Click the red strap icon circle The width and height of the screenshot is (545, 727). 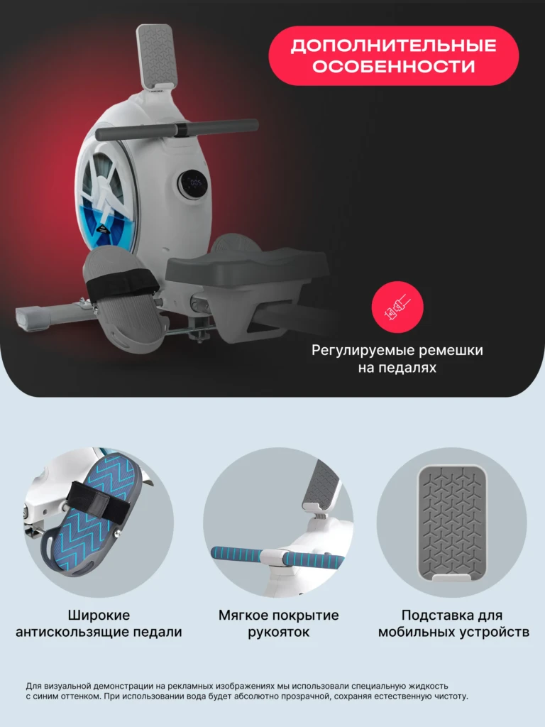(397, 307)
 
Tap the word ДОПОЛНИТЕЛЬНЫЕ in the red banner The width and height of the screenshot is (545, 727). (393, 46)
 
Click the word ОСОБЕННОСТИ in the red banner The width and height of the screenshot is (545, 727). (393, 66)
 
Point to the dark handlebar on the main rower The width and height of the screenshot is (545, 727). (177, 129)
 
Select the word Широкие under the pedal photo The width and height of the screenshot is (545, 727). (99, 616)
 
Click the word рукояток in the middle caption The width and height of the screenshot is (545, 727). (278, 633)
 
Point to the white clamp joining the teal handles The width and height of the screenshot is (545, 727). (277, 558)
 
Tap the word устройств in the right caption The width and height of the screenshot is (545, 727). (494, 633)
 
